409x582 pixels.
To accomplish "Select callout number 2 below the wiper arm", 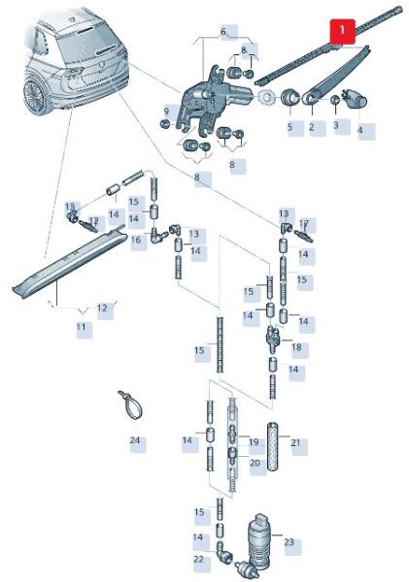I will point(311,127).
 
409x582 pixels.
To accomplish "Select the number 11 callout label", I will point(81,328).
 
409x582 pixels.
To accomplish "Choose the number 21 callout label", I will point(296,443).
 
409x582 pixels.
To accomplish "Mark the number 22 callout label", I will point(199,559).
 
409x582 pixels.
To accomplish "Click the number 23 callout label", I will point(289,542).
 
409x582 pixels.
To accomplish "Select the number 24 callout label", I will point(135,440).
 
